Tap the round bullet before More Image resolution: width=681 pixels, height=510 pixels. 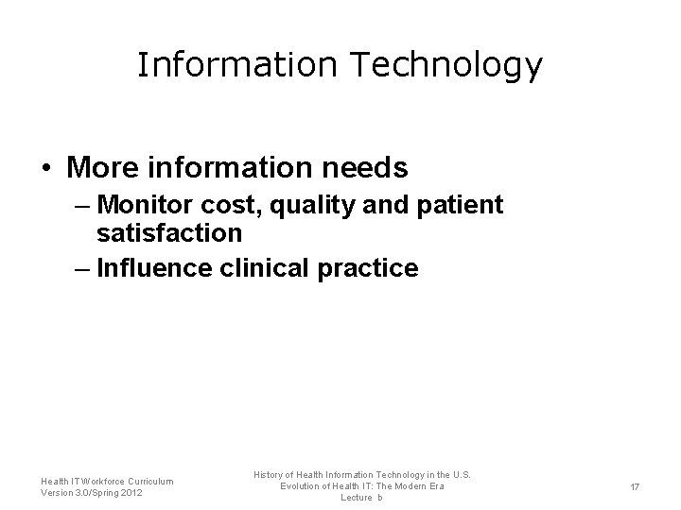click(x=45, y=169)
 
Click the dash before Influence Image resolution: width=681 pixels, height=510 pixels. click(x=82, y=268)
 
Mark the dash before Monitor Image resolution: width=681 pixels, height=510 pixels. click(x=82, y=205)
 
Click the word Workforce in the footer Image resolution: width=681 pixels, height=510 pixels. click(x=95, y=482)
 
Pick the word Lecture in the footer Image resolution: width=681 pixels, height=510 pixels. click(x=357, y=498)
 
